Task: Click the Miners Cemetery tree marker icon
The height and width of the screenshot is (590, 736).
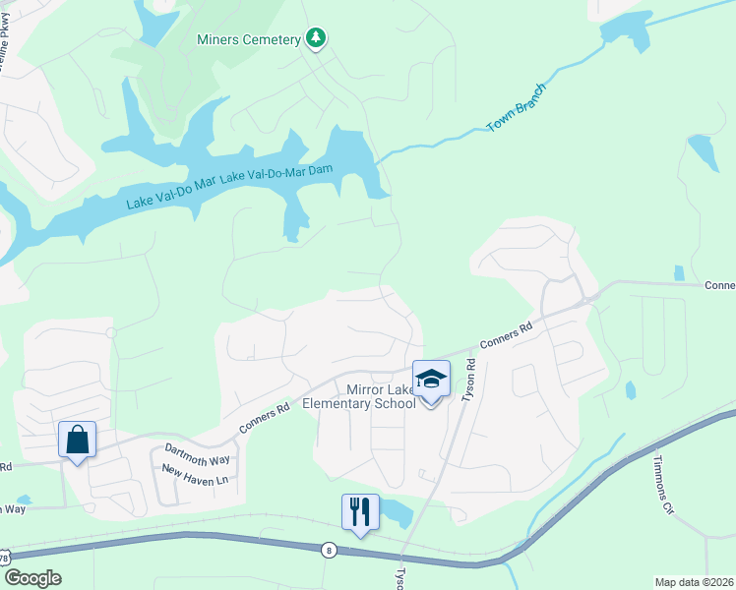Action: [x=316, y=38]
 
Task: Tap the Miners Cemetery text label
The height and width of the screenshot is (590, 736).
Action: [x=248, y=39]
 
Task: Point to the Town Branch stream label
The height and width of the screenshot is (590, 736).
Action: [x=516, y=108]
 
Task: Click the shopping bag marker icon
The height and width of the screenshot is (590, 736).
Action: [x=78, y=440]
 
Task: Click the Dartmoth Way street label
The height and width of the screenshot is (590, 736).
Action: [x=197, y=454]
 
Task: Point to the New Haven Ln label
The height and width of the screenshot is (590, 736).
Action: [x=194, y=477]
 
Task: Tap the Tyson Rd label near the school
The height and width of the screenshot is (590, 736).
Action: [x=470, y=378]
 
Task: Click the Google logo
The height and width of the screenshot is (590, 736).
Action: [x=32, y=578]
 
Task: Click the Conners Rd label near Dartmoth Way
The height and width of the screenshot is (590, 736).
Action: [x=264, y=419]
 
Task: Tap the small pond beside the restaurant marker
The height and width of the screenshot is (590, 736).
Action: [x=396, y=510]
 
